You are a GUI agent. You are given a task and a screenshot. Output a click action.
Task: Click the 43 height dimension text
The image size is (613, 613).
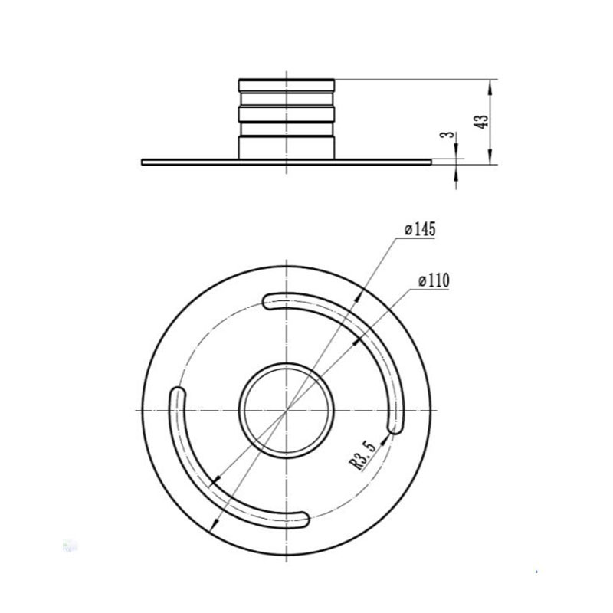(480, 122)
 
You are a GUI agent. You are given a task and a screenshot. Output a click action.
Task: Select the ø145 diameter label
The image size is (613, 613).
(419, 229)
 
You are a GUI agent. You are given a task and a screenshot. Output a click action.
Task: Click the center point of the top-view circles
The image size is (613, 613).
(287, 411)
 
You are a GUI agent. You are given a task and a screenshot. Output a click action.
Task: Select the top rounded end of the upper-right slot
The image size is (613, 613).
(270, 301)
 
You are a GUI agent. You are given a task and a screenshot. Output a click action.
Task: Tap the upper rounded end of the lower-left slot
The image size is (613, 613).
(175, 396)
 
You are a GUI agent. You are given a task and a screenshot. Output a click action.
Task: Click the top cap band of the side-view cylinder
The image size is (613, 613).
(287, 85)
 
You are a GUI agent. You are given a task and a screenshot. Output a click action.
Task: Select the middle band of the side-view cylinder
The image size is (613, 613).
(287, 114)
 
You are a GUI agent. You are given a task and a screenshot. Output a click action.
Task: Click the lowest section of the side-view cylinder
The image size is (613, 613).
(287, 147)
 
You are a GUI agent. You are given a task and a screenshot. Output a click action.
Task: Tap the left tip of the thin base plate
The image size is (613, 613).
(145, 162)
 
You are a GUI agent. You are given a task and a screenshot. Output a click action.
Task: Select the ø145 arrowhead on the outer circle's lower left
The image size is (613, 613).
(215, 522)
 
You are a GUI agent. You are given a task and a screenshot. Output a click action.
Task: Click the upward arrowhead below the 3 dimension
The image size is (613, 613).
(457, 171)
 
